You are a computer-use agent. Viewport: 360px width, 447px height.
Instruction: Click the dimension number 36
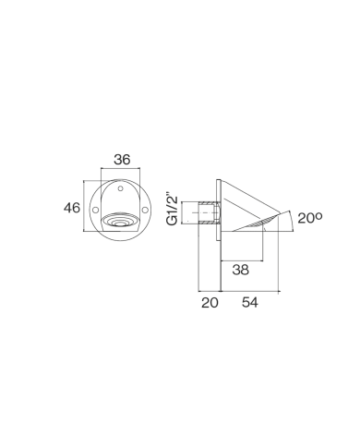coord(122,160)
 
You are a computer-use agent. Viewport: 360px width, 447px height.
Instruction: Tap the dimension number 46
coord(72,208)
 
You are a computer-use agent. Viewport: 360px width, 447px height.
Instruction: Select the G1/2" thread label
coord(172,209)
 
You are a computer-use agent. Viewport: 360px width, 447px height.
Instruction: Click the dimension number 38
coord(241,270)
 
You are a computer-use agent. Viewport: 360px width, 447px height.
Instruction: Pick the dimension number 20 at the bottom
coord(210,302)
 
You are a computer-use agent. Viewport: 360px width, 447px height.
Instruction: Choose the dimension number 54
coord(250,302)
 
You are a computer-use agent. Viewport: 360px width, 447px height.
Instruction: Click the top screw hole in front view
coord(121,188)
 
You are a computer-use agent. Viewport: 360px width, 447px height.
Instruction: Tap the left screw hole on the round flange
coord(96,210)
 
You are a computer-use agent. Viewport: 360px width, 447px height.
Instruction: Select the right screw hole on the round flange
coord(145,210)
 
